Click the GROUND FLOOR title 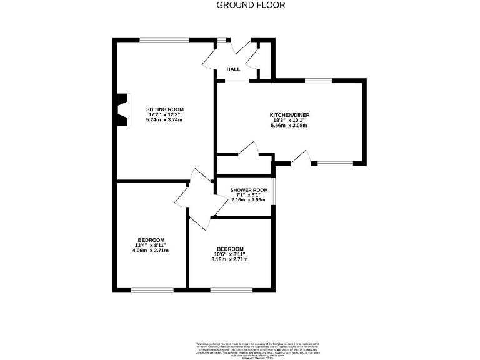tap(251, 5)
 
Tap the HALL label tap(233, 69)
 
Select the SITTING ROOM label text tap(164, 109)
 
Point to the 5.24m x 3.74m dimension tap(164, 120)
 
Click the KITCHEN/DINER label tap(289, 115)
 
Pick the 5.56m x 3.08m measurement tap(289, 126)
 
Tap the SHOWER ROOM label tap(249, 190)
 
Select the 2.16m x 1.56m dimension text tap(249, 200)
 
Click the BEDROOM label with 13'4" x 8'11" tap(151, 240)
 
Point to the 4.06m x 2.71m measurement tap(151, 251)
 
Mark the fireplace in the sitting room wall tap(123, 110)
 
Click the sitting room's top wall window tap(164, 41)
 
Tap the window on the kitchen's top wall tap(318, 81)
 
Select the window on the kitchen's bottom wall tap(335, 164)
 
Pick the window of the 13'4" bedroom tap(152, 290)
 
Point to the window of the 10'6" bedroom tap(231, 290)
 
